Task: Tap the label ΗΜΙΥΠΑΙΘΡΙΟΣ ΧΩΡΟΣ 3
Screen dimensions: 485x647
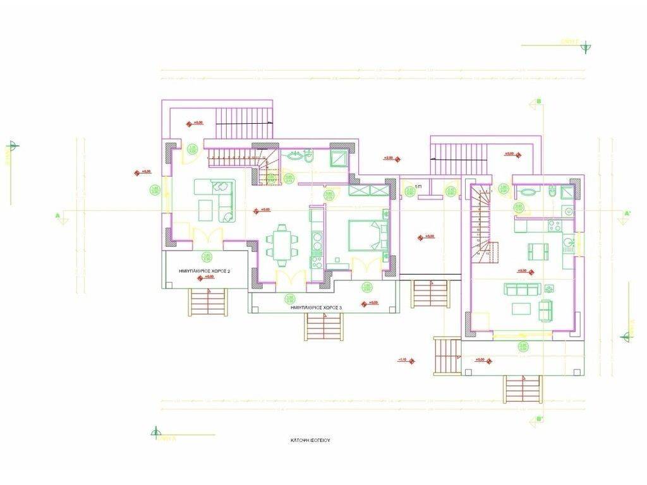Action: coord(316,307)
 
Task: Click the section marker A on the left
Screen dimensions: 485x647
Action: coord(58,217)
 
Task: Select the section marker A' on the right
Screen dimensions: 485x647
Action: coord(627,214)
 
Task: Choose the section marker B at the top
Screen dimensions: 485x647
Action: coord(538,102)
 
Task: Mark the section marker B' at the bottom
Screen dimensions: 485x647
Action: coord(538,418)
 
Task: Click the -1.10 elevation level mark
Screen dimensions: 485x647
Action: coord(402,360)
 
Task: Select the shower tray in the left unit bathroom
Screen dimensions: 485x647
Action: coord(337,157)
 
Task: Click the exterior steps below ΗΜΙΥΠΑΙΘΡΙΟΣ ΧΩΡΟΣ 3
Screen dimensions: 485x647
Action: coord(323,326)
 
